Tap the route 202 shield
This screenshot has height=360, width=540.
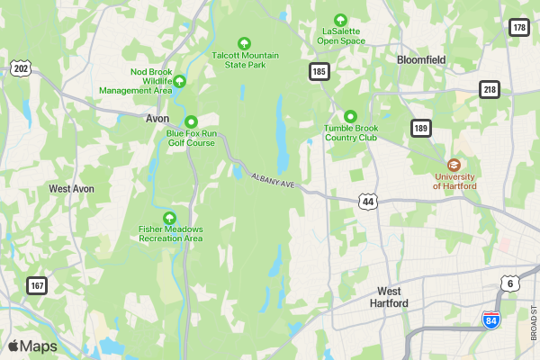21,68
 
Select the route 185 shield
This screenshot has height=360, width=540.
319,70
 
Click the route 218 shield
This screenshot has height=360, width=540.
489,89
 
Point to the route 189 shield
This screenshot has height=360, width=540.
421,128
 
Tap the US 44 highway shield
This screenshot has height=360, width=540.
367,202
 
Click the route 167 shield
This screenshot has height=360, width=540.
37,285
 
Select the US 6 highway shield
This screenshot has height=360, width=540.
509,283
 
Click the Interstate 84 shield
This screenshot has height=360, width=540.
490,319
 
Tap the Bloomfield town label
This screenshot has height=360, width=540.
421,60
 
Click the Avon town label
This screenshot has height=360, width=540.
157,118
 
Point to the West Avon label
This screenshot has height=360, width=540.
71,189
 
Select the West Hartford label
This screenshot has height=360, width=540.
389,297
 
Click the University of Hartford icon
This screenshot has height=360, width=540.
454,165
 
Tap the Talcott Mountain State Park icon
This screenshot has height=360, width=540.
243,43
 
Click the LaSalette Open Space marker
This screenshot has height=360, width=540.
340,20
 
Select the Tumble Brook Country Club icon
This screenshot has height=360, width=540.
350,116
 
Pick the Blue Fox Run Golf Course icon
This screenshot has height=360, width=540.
191,121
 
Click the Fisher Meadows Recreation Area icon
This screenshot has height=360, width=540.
169,217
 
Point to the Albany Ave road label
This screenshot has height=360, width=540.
274,181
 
